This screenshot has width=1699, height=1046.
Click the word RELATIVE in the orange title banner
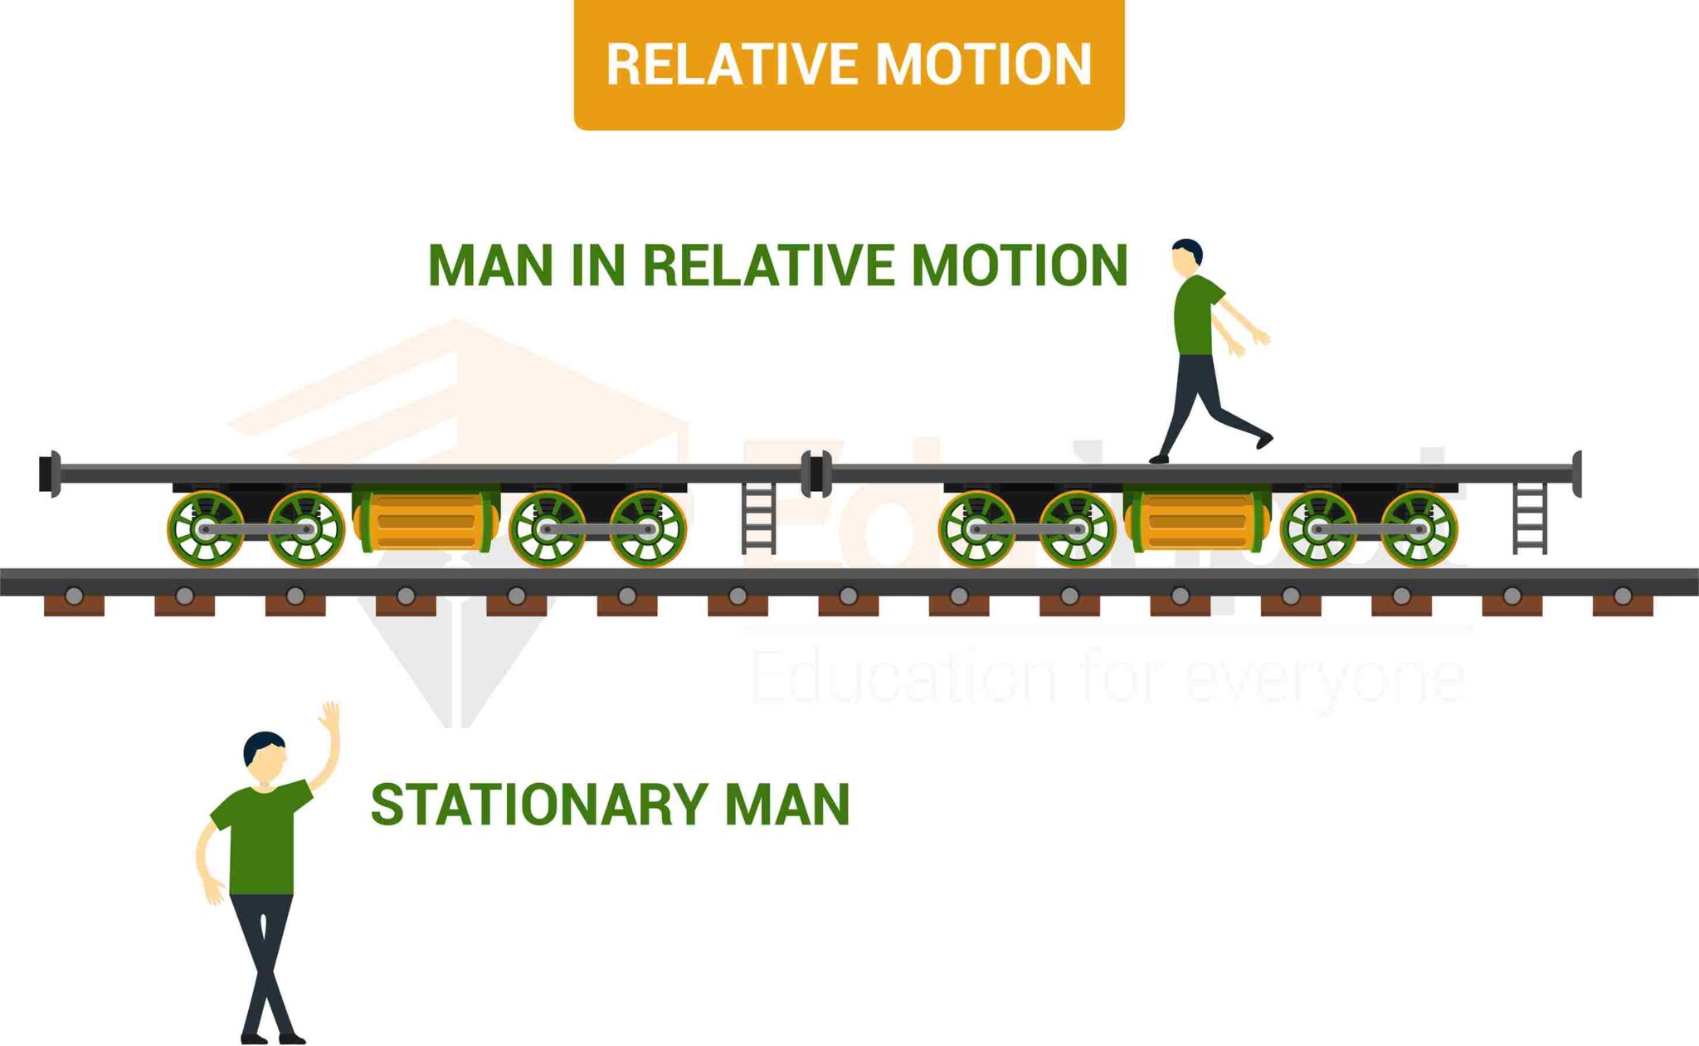tap(732, 65)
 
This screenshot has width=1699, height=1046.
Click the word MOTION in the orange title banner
tap(984, 65)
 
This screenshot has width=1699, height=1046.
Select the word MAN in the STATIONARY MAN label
tap(787, 804)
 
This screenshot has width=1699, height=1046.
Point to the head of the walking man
tap(1186, 256)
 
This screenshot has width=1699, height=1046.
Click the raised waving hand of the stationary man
tap(330, 716)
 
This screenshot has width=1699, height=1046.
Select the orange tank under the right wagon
tap(1197, 520)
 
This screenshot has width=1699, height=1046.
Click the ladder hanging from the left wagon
tap(758, 518)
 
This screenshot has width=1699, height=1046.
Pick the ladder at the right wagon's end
tap(1530, 518)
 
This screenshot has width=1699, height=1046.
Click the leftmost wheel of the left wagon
tap(206, 529)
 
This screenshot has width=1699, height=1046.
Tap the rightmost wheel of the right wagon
tap(1419, 529)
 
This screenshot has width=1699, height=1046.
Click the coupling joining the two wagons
tap(816, 474)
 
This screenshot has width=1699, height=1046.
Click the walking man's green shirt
tap(1195, 316)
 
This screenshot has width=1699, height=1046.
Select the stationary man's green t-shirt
tap(261, 838)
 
